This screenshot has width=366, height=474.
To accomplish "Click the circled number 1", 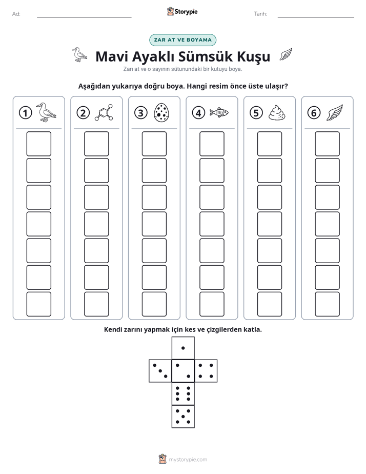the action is tap(25, 113).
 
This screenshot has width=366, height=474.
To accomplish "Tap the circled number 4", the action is tap(198, 113).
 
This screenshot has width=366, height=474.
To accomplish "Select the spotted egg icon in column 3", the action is tap(161, 113).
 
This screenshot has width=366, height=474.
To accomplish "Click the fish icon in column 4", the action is tap(219, 112).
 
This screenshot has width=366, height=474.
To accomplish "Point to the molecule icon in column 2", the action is tap(104, 113).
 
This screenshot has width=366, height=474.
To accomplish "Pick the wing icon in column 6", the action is tap(335, 113).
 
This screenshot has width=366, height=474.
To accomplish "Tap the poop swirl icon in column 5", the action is tap(277, 113).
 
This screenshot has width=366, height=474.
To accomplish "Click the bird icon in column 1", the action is tap(46, 112).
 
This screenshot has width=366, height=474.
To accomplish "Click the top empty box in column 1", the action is tap(38, 144).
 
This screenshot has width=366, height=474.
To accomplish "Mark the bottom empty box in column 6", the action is tap(328, 304).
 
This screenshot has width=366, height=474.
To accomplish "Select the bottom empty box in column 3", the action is tap(154, 304).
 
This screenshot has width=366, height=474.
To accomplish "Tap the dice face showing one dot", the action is tap(183, 348).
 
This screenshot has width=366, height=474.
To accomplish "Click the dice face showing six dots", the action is tap(183, 393).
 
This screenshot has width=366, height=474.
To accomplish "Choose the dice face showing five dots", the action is tap(183, 416).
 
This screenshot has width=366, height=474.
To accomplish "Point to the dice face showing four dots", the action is tap(206, 370).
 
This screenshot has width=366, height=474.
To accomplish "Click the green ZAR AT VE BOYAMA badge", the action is tap(182, 40).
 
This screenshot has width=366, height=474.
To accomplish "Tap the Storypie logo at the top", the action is tap(182, 12).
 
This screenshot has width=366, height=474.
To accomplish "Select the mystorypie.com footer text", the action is tap(188, 460).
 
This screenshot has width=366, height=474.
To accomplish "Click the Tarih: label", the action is tap(260, 14).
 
